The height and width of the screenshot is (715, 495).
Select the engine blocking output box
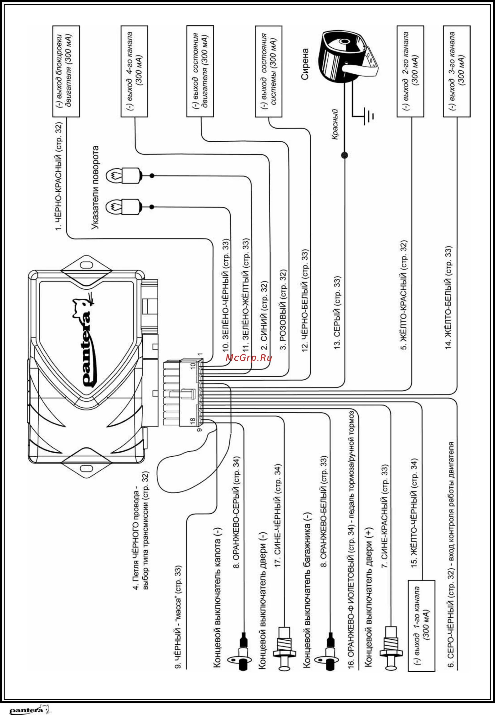(x=66, y=71)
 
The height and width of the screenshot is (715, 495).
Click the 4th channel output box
(x=134, y=71)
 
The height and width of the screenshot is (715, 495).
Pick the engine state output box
(x=200, y=71)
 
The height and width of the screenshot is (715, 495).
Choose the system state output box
(x=268, y=71)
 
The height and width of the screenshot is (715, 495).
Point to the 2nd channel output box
(x=410, y=71)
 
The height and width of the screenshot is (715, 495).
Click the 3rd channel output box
(x=457, y=71)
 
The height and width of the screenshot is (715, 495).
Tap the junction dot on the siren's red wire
(x=344, y=155)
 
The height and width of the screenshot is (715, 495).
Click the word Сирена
(x=305, y=64)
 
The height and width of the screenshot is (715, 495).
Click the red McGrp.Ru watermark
(x=249, y=358)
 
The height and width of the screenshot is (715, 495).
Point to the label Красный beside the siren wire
(x=335, y=124)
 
